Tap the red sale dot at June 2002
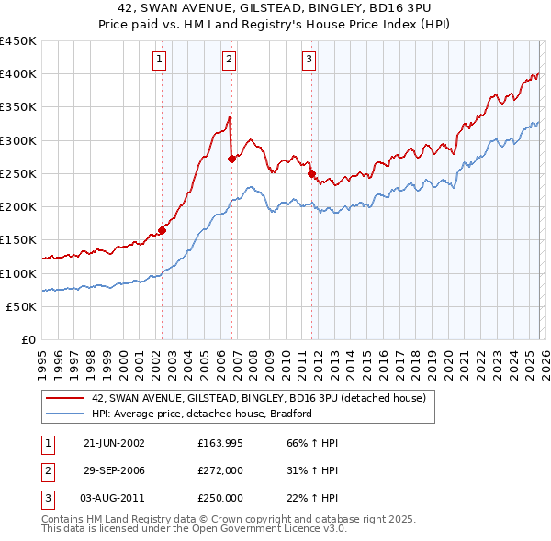[x=163, y=230]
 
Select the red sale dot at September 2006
[x=231, y=159]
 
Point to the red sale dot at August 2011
[x=311, y=173]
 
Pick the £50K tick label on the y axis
[x=21, y=307]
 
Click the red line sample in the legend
[x=63, y=399]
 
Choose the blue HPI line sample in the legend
[x=63, y=414]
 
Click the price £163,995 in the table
[x=220, y=443]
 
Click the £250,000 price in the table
[x=220, y=498]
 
